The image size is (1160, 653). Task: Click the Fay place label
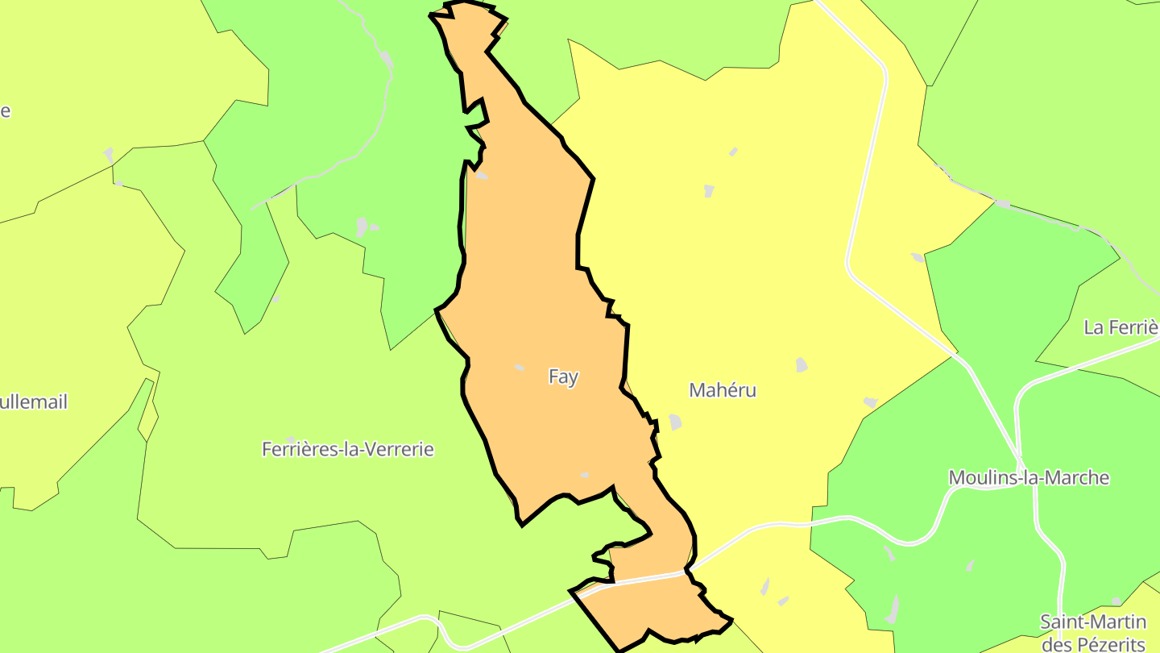click(563, 376)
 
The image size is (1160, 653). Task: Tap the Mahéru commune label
click(723, 390)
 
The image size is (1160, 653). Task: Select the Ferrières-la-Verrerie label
click(347, 449)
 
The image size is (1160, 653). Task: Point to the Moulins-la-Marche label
click(1029, 477)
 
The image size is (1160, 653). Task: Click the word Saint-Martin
click(1092, 622)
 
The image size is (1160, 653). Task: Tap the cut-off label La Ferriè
click(1121, 327)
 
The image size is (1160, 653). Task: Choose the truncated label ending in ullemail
click(34, 401)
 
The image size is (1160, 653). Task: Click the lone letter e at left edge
click(5, 110)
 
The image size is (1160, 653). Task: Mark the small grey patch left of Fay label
click(520, 368)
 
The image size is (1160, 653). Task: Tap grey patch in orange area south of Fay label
click(585, 475)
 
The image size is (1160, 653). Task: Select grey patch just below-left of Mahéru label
click(674, 422)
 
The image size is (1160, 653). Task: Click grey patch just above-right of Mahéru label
click(802, 364)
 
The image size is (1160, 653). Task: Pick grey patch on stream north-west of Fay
click(387, 60)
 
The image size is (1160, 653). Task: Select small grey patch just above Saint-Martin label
click(1116, 601)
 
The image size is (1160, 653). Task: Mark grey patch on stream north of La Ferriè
click(1002, 204)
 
